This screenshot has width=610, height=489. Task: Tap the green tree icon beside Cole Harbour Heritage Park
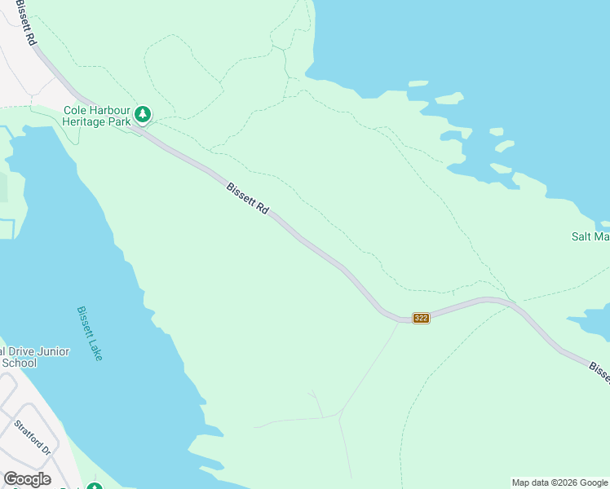[x=143, y=115]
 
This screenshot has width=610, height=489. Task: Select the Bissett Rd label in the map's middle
[x=248, y=198]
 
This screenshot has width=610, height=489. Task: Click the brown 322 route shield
[x=421, y=318]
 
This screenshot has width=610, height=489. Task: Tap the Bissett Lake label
[x=90, y=333]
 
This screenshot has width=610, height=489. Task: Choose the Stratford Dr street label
[x=33, y=438]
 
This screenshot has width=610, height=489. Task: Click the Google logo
[x=27, y=479]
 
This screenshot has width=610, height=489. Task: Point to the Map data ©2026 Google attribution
[x=559, y=482]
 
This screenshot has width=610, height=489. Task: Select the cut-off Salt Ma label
[x=590, y=237]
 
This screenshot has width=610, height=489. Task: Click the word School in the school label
[x=19, y=363]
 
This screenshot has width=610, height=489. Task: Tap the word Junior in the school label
[x=55, y=351]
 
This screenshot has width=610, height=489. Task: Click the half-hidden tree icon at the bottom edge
[x=95, y=487]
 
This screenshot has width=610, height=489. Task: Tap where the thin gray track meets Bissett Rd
[x=399, y=321]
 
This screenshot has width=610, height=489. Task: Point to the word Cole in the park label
[x=76, y=110]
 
